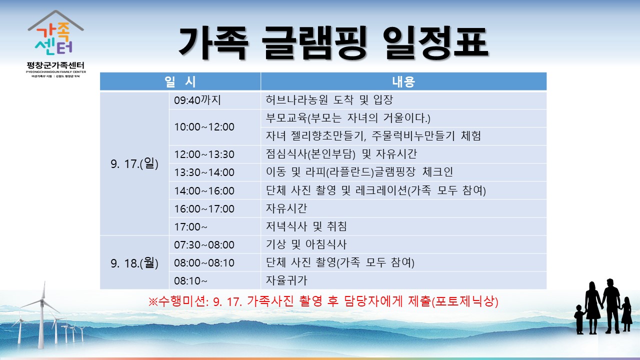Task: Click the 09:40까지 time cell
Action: pos(214,100)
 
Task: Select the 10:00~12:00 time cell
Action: pos(214,127)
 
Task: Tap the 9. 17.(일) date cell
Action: pos(134,163)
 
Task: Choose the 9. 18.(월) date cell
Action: pos(134,263)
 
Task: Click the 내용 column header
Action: pos(403,81)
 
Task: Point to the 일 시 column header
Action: pos(180,81)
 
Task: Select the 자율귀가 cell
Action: pos(403,280)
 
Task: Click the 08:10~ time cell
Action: pos(214,280)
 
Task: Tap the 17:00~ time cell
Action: pos(214,226)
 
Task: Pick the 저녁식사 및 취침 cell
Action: pos(403,226)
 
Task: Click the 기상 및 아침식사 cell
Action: pos(403,244)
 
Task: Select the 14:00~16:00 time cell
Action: pos(214,190)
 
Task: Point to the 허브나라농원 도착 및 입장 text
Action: pos(329,100)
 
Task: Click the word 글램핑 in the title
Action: pos(314,43)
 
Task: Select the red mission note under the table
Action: pos(323,301)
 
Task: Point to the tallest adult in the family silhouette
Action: pos(611,305)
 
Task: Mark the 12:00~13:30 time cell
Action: pos(214,154)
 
